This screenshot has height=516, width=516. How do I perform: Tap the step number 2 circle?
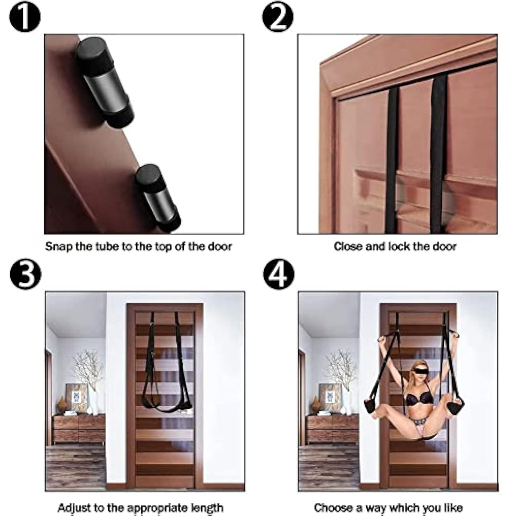point(278,17)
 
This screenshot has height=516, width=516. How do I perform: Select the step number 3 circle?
point(25,274)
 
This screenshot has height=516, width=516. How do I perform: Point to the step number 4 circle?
point(279,274)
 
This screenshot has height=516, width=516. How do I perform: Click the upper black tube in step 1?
point(105,83)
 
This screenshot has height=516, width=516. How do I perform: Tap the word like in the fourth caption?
point(452,508)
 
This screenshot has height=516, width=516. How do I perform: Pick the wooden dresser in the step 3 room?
point(79,429)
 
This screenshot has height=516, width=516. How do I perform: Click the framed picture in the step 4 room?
point(330,398)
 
